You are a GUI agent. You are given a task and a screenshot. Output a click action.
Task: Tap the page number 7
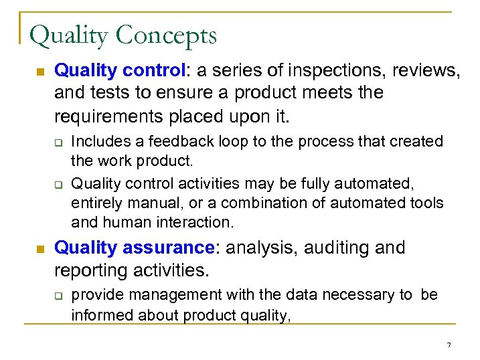(x=449, y=345)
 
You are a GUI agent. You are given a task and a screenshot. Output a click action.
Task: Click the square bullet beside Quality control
(x=39, y=71)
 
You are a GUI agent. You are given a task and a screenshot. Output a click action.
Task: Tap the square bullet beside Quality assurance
(x=39, y=249)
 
